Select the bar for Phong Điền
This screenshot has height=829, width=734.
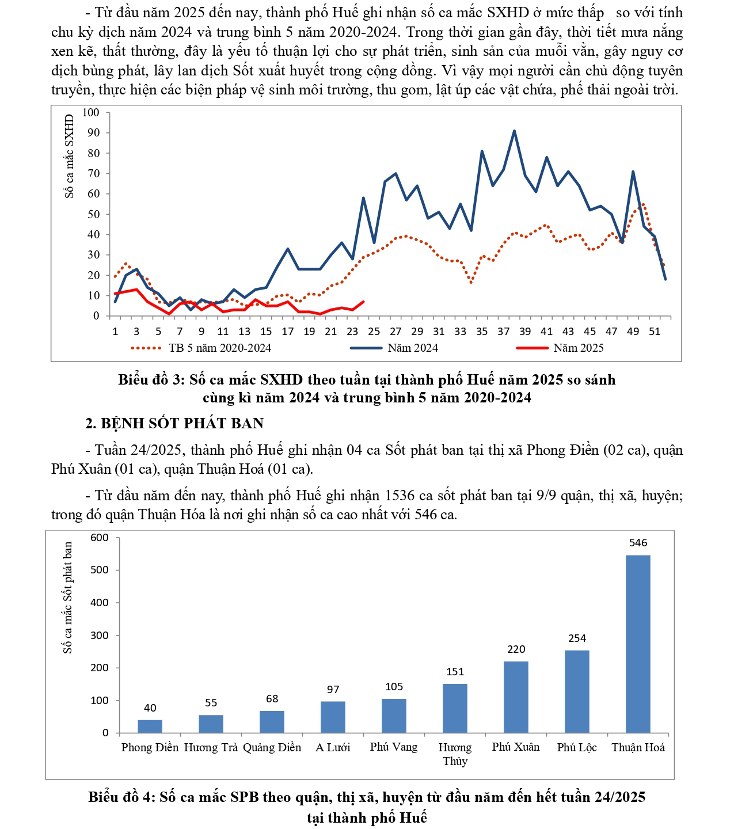pyautogui.click(x=150, y=726)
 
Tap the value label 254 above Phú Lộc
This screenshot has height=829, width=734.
pyautogui.click(x=577, y=638)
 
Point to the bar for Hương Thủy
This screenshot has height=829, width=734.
pyautogui.click(x=455, y=708)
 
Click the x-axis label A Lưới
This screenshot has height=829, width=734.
pyautogui.click(x=333, y=747)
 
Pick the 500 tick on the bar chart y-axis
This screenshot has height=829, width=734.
pyautogui.click(x=100, y=570)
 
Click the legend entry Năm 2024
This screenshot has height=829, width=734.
pyautogui.click(x=413, y=348)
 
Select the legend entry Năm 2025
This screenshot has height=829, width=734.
pyautogui.click(x=578, y=348)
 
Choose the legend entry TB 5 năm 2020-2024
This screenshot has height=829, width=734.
pyautogui.click(x=219, y=348)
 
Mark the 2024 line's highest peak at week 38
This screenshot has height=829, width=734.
pyautogui.click(x=514, y=131)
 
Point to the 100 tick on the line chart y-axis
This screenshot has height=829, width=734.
pyautogui.click(x=91, y=112)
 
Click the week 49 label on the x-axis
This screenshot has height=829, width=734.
pyautogui.click(x=633, y=331)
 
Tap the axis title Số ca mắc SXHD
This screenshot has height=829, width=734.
pyautogui.click(x=70, y=156)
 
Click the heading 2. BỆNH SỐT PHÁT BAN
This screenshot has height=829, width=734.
pyautogui.click(x=174, y=423)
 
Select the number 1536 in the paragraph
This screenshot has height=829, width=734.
pyautogui.click(x=399, y=496)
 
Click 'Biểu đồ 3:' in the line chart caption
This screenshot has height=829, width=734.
pyautogui.click(x=151, y=380)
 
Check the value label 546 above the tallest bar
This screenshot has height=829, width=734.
pyautogui.click(x=638, y=543)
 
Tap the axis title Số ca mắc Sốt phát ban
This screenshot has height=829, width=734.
pyautogui.click(x=68, y=598)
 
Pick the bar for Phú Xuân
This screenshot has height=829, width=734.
pyautogui.click(x=516, y=697)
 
